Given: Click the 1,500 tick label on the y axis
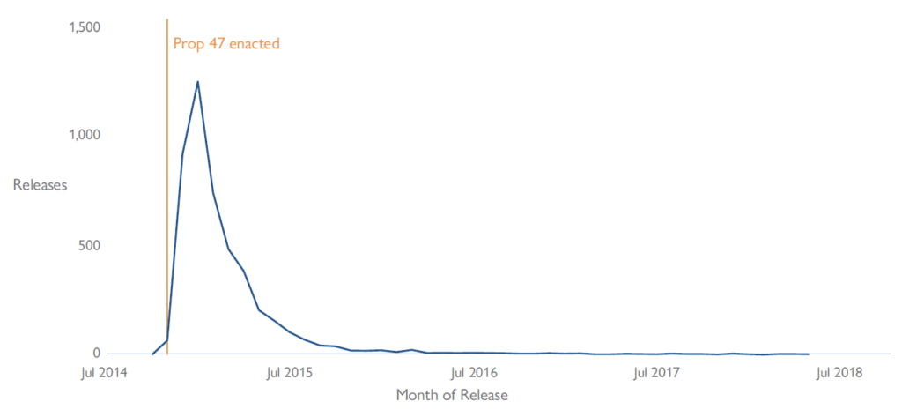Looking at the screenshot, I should click(84, 27).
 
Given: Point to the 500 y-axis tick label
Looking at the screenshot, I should click(89, 244).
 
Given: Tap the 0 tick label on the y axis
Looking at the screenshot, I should click(96, 353).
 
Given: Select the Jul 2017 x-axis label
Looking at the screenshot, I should click(656, 372).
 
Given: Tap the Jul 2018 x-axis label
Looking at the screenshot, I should click(838, 372).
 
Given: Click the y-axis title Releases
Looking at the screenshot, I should click(40, 185).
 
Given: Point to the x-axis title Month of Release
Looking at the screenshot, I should click(452, 395).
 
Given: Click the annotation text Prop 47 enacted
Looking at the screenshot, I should click(226, 43).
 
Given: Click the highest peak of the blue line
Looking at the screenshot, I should click(197, 82).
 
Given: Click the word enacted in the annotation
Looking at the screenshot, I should click(254, 43).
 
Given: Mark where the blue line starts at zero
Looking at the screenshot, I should click(152, 354).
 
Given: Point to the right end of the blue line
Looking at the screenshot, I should click(808, 354).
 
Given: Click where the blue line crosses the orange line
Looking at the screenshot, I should click(167, 340).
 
